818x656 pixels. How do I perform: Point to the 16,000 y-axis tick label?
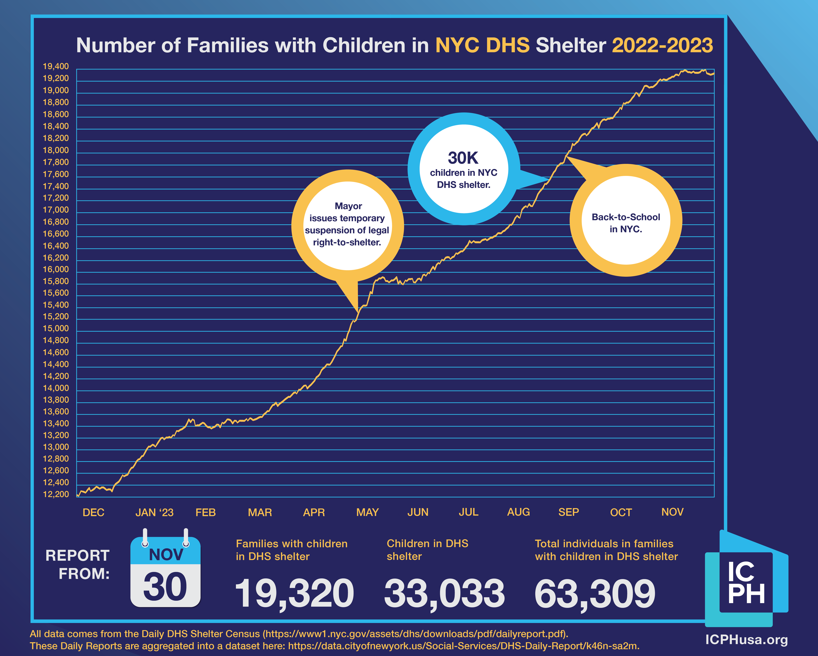click(x=56, y=270)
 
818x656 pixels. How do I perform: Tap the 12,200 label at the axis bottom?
click(x=56, y=494)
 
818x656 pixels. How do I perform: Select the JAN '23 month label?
click(x=154, y=513)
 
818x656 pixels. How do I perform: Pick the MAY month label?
click(x=367, y=513)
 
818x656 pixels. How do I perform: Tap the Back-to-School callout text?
click(x=626, y=223)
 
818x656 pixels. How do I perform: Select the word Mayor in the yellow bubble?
click(x=348, y=206)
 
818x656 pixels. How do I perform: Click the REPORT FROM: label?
click(x=78, y=564)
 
